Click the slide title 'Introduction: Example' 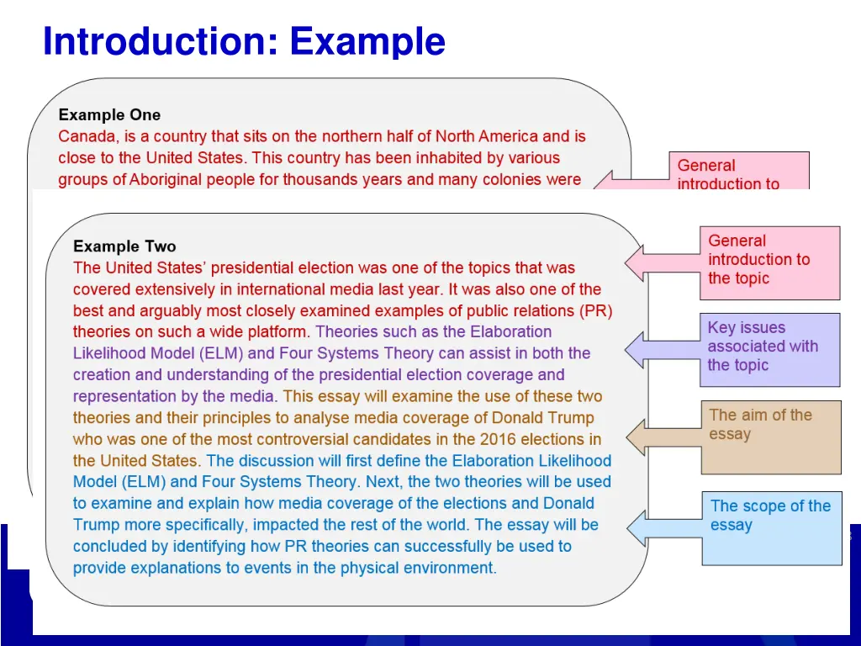pos(244,41)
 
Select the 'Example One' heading pos(109,115)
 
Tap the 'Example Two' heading pos(124,246)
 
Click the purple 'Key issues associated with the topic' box pos(769,349)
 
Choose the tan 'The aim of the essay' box pos(769,437)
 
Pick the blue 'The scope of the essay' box pos(771,527)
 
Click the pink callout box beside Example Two pos(769,262)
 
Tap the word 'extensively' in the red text pos(169,289)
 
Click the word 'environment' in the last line pos(450,568)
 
